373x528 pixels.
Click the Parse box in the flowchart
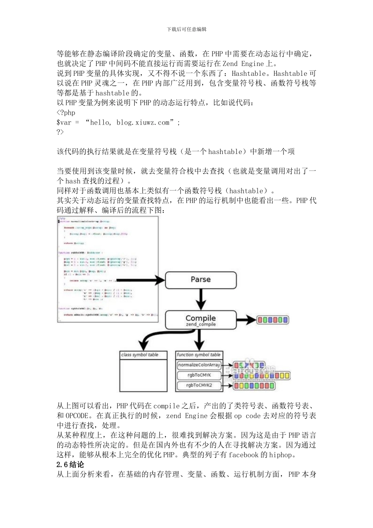[201, 280]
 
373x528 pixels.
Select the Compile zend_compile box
[201, 320]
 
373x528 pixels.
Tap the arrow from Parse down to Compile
[201, 299]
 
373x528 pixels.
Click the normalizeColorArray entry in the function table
[199, 365]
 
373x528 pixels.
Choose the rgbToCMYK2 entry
[199, 385]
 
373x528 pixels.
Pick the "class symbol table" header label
[139, 355]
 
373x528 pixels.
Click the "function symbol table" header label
[199, 355]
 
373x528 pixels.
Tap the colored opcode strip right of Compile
[273, 320]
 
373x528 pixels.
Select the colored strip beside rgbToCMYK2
[254, 386]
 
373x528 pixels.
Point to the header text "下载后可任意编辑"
[186, 29]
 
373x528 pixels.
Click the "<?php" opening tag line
[66, 113]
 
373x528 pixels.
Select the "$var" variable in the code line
[64, 123]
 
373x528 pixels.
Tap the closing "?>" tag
[60, 132]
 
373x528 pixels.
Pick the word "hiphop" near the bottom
[280, 455]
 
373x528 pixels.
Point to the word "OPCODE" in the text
[77, 416]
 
